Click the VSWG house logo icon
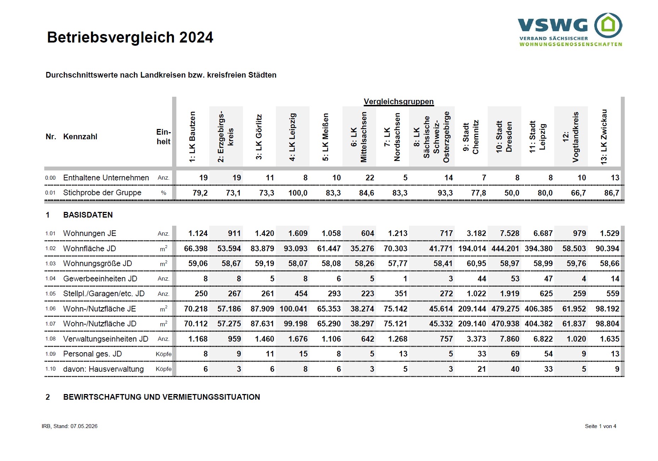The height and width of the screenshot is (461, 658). (608, 26)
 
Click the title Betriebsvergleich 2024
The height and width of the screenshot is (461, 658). (130, 37)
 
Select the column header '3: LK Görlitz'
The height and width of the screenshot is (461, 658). (259, 137)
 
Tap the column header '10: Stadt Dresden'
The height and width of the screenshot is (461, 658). (504, 137)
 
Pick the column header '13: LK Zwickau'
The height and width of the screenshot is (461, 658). (604, 136)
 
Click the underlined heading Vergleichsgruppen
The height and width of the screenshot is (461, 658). (398, 102)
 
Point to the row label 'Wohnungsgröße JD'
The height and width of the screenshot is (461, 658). (97, 264)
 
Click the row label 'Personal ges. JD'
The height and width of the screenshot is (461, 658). (92, 354)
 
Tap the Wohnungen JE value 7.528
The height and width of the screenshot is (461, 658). (510, 234)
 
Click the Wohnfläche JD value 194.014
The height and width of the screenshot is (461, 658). (472, 249)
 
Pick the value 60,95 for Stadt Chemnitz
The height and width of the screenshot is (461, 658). (476, 264)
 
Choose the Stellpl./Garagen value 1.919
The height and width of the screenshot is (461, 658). (510, 294)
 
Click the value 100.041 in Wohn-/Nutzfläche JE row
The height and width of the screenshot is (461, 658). (293, 309)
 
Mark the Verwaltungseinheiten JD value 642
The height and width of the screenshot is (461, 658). (368, 339)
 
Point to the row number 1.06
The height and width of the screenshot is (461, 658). (50, 309)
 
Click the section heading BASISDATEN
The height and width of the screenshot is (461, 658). (88, 215)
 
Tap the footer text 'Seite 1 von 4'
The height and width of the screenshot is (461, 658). (601, 426)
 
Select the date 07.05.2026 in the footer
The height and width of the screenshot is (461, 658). (84, 426)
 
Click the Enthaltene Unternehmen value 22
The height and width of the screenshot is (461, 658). (370, 178)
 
